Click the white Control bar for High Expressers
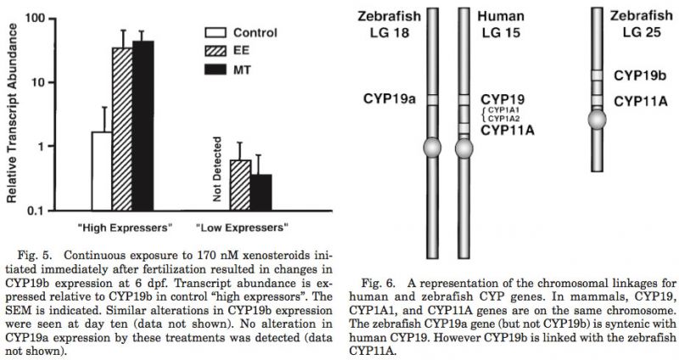coord(102,171)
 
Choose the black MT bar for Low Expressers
coord(261,191)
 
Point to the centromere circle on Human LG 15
coord(464,149)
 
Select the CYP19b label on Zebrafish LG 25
coord(642,75)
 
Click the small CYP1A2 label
coord(505,120)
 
